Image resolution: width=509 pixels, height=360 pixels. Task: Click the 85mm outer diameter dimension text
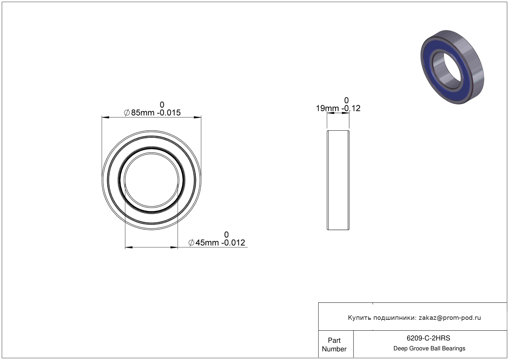pyautogui.click(x=143, y=113)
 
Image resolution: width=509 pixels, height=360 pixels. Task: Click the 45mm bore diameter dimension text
pyautogui.click(x=207, y=243)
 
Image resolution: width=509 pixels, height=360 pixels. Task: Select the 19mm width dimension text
pyautogui.click(x=327, y=108)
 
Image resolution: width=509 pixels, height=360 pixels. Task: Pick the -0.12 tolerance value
pyautogui.click(x=351, y=108)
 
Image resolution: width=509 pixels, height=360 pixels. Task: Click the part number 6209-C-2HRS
pyautogui.click(x=428, y=338)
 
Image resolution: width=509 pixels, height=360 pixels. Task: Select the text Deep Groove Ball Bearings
pyautogui.click(x=429, y=349)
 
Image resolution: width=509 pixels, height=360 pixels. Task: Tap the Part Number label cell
pyautogui.click(x=334, y=345)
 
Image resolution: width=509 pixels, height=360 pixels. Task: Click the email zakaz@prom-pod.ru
pyautogui.click(x=450, y=318)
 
